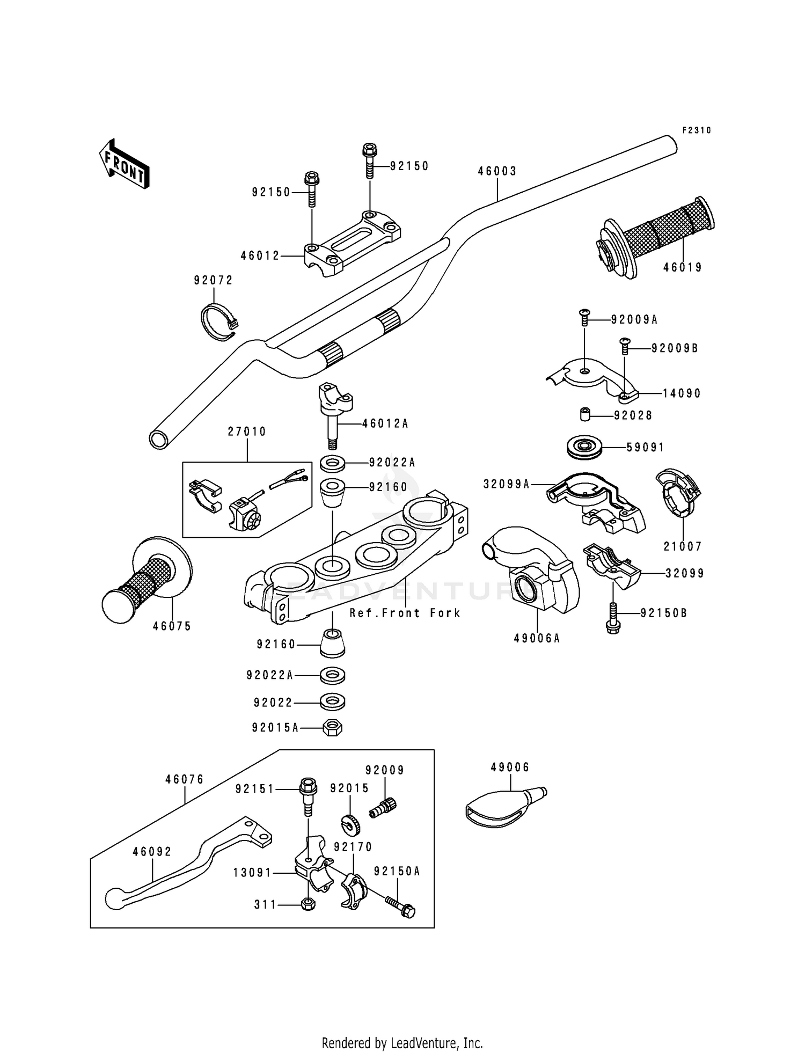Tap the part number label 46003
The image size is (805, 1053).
click(497, 171)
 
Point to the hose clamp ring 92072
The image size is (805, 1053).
click(217, 322)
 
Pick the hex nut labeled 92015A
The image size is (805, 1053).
click(333, 728)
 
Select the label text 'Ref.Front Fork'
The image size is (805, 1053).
click(405, 613)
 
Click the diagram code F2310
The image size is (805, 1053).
click(697, 130)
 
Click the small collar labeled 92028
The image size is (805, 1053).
click(585, 415)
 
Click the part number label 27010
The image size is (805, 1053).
click(247, 432)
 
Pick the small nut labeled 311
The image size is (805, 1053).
click(309, 904)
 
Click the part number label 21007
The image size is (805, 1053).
click(683, 546)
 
